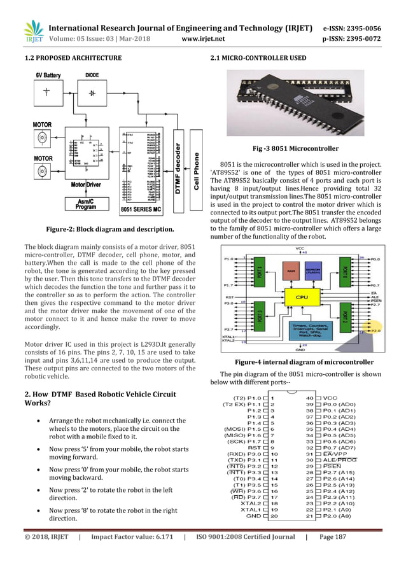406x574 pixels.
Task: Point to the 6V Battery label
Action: (x=48, y=75)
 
